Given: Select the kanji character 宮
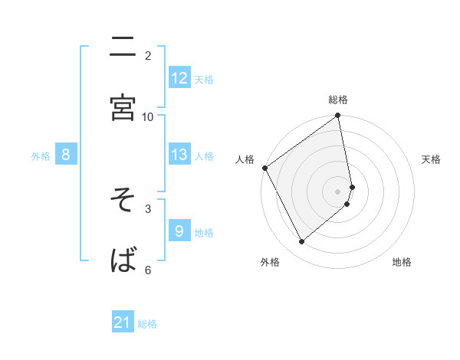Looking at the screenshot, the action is [x=123, y=108].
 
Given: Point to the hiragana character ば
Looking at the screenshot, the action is [x=123, y=260].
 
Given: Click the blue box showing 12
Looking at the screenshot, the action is [x=179, y=78].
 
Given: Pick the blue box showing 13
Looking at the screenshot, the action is [x=179, y=155].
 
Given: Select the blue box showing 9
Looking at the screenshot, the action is [x=179, y=231].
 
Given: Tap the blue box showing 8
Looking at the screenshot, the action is [x=66, y=155].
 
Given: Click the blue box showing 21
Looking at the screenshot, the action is [x=123, y=323].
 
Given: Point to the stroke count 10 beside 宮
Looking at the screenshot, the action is [x=148, y=116].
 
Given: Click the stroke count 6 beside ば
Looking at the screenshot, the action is [x=148, y=270].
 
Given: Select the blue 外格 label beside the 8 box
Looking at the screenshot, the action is [x=41, y=156].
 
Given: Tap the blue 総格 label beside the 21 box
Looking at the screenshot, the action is [x=147, y=324].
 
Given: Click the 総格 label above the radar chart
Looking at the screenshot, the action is [x=338, y=100].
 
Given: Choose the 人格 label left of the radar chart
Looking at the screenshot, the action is [x=245, y=159].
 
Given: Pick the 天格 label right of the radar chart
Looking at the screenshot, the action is [x=431, y=159].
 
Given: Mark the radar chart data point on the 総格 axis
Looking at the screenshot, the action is [x=338, y=116].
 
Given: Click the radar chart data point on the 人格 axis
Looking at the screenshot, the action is [x=264, y=168].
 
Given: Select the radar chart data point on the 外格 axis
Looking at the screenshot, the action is [x=302, y=242].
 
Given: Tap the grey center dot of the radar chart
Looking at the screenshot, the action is [x=338, y=191].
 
